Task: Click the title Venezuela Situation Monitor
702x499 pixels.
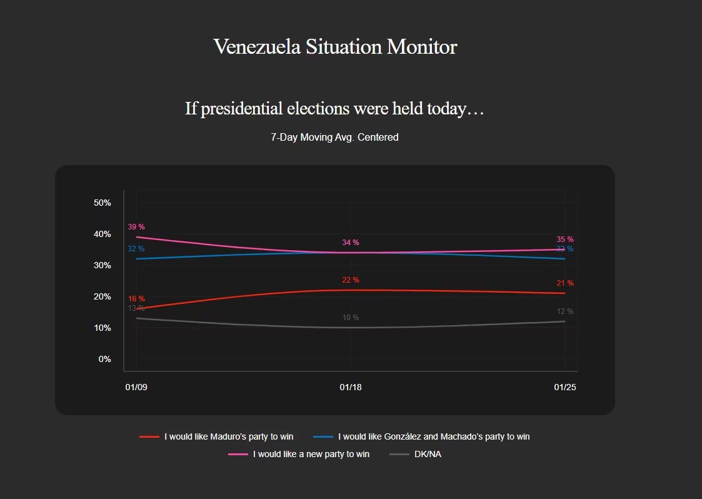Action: coord(335,47)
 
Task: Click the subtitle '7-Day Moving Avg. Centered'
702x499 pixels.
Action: coord(334,138)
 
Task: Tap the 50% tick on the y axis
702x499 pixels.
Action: coord(102,203)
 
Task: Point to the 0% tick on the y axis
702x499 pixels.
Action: coord(104,359)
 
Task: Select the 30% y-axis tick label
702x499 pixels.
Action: coord(102,265)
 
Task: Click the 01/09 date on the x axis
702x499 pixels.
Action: coord(136,388)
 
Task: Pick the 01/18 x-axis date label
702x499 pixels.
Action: coord(351,388)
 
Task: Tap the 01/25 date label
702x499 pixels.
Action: coord(565,388)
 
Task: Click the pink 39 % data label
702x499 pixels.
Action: coord(136,227)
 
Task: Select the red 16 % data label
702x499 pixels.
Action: coord(136,299)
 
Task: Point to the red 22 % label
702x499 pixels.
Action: coord(351,280)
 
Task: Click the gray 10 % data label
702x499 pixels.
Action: coord(351,318)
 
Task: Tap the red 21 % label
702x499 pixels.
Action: coord(565,283)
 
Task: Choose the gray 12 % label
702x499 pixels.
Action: coord(565,311)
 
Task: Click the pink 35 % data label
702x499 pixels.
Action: coord(565,239)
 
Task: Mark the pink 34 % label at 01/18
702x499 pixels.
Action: coord(351,243)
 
